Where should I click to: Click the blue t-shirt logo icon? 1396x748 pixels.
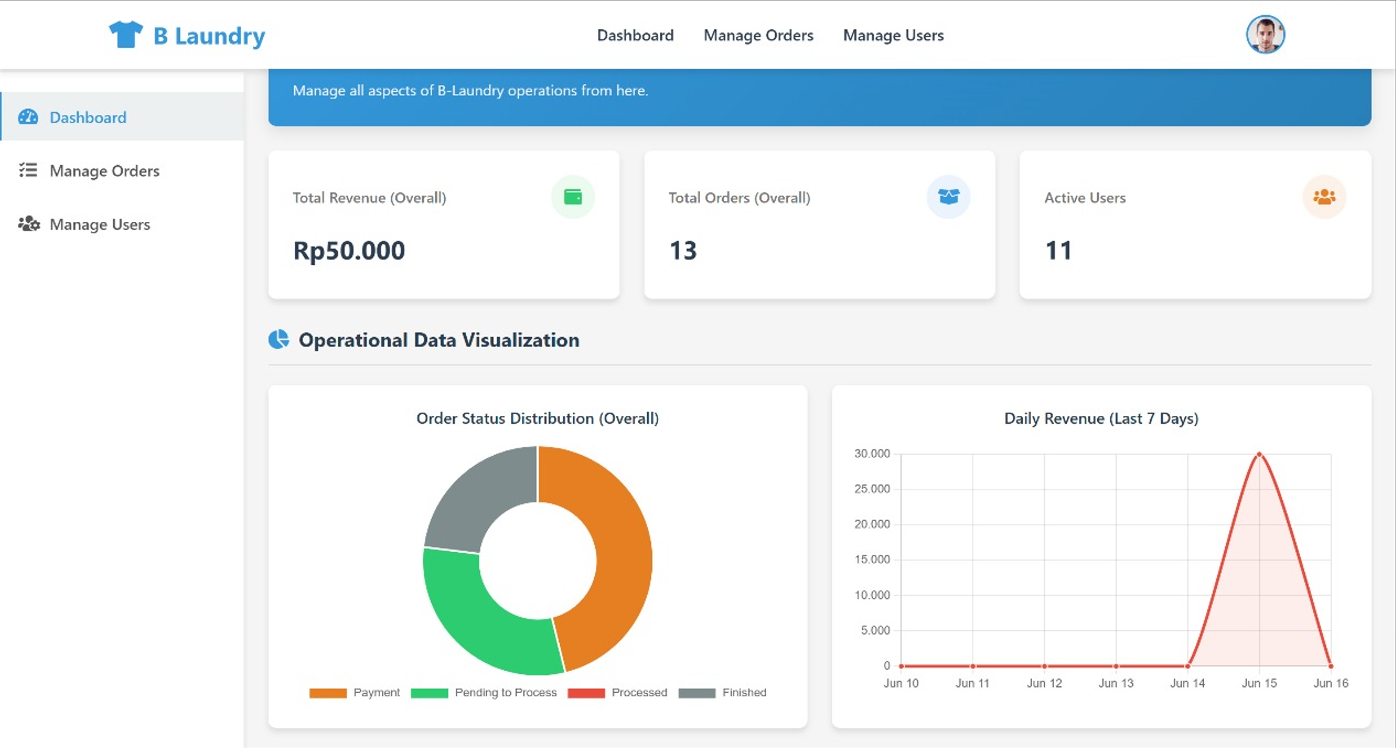point(125,35)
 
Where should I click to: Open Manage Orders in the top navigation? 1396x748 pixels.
point(758,35)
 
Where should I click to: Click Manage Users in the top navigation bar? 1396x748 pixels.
point(893,35)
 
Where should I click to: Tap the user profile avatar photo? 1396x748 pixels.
point(1265,35)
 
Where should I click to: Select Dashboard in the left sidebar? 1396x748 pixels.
point(88,117)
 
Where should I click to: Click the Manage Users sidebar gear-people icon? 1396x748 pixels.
point(28,224)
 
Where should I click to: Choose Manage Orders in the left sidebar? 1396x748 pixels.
point(104,171)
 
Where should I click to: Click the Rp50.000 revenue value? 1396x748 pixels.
point(349,251)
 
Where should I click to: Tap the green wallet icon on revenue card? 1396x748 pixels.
point(573,197)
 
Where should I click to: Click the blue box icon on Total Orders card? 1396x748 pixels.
point(948,197)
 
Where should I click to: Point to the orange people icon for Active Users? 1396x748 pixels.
point(1324,197)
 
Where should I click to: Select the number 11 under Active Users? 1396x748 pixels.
point(1058,251)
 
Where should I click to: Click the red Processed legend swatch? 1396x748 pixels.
point(586,693)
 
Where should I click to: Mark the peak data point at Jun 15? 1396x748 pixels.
point(1259,454)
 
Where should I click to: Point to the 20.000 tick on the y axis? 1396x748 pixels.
point(871,524)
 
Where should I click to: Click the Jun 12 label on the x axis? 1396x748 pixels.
point(1044,683)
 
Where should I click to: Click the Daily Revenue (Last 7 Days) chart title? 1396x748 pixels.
point(1101,418)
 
